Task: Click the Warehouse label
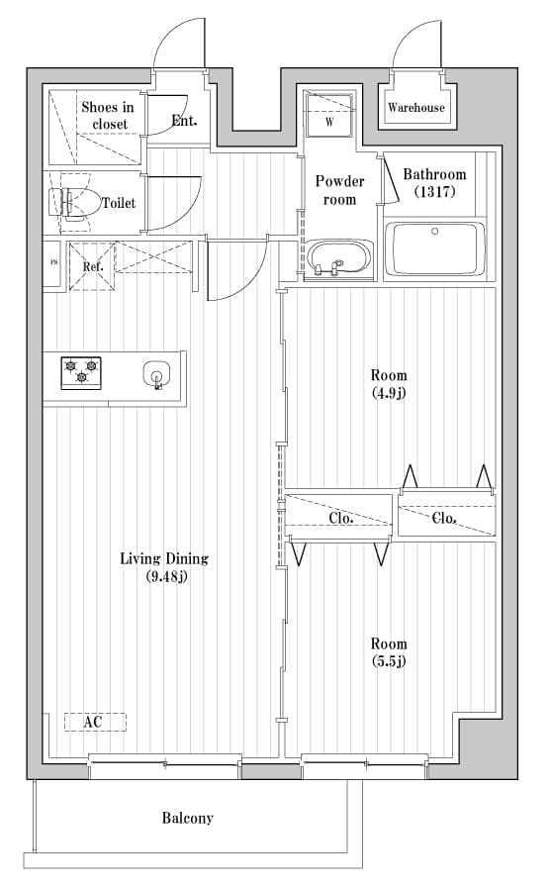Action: click(x=415, y=107)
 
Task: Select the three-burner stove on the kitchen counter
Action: click(x=82, y=373)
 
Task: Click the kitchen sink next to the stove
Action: click(x=156, y=375)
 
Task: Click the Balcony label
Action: click(x=187, y=818)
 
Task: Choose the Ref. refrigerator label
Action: click(x=93, y=266)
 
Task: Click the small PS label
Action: click(x=53, y=263)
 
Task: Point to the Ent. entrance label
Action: click(x=184, y=121)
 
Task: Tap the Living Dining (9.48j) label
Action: click(x=164, y=567)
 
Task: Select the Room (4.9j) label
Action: click(x=388, y=384)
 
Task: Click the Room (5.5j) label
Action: click(x=388, y=650)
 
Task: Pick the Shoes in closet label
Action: click(x=107, y=115)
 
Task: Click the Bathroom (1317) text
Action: click(x=433, y=183)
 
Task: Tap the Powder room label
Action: click(x=339, y=190)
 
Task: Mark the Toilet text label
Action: click(x=119, y=203)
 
